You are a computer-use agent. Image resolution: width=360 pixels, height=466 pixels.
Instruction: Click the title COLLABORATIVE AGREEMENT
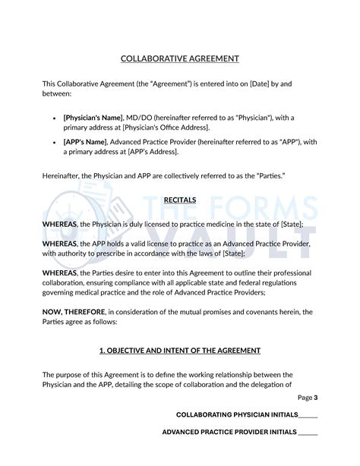(180, 58)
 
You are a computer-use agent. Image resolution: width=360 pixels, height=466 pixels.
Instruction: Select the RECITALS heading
(180, 200)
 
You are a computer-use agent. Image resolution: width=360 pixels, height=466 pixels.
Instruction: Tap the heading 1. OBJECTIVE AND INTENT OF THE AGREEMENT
(180, 350)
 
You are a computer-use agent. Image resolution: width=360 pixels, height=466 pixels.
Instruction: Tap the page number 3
(316, 397)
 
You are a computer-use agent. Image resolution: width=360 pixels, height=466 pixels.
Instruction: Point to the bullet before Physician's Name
(53, 118)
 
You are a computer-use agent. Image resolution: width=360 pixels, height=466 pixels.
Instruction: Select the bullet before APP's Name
(53, 142)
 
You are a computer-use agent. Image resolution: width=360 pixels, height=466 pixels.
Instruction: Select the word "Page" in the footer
(305, 397)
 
